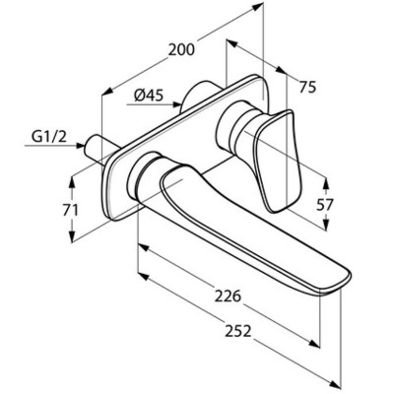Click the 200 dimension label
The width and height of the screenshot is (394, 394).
(181, 50)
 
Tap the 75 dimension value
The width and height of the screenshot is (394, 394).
(307, 88)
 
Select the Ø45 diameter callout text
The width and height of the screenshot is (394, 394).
(149, 96)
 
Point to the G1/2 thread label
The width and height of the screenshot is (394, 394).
(49, 136)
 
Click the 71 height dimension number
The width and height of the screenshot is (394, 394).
(70, 210)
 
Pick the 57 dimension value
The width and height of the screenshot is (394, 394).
(325, 205)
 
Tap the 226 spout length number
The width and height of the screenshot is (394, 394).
(228, 296)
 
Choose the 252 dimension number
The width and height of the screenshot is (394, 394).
(237, 331)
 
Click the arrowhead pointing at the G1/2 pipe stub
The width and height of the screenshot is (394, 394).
(80, 146)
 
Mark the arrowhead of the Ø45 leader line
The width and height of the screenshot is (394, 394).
(177, 104)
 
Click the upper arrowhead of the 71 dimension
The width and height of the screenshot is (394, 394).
(73, 181)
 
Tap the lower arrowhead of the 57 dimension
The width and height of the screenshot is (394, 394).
(325, 225)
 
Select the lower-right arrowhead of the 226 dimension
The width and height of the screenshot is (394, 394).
(314, 344)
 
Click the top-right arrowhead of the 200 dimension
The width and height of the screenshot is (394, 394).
(259, 6)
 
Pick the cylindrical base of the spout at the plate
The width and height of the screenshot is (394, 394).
(142, 175)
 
